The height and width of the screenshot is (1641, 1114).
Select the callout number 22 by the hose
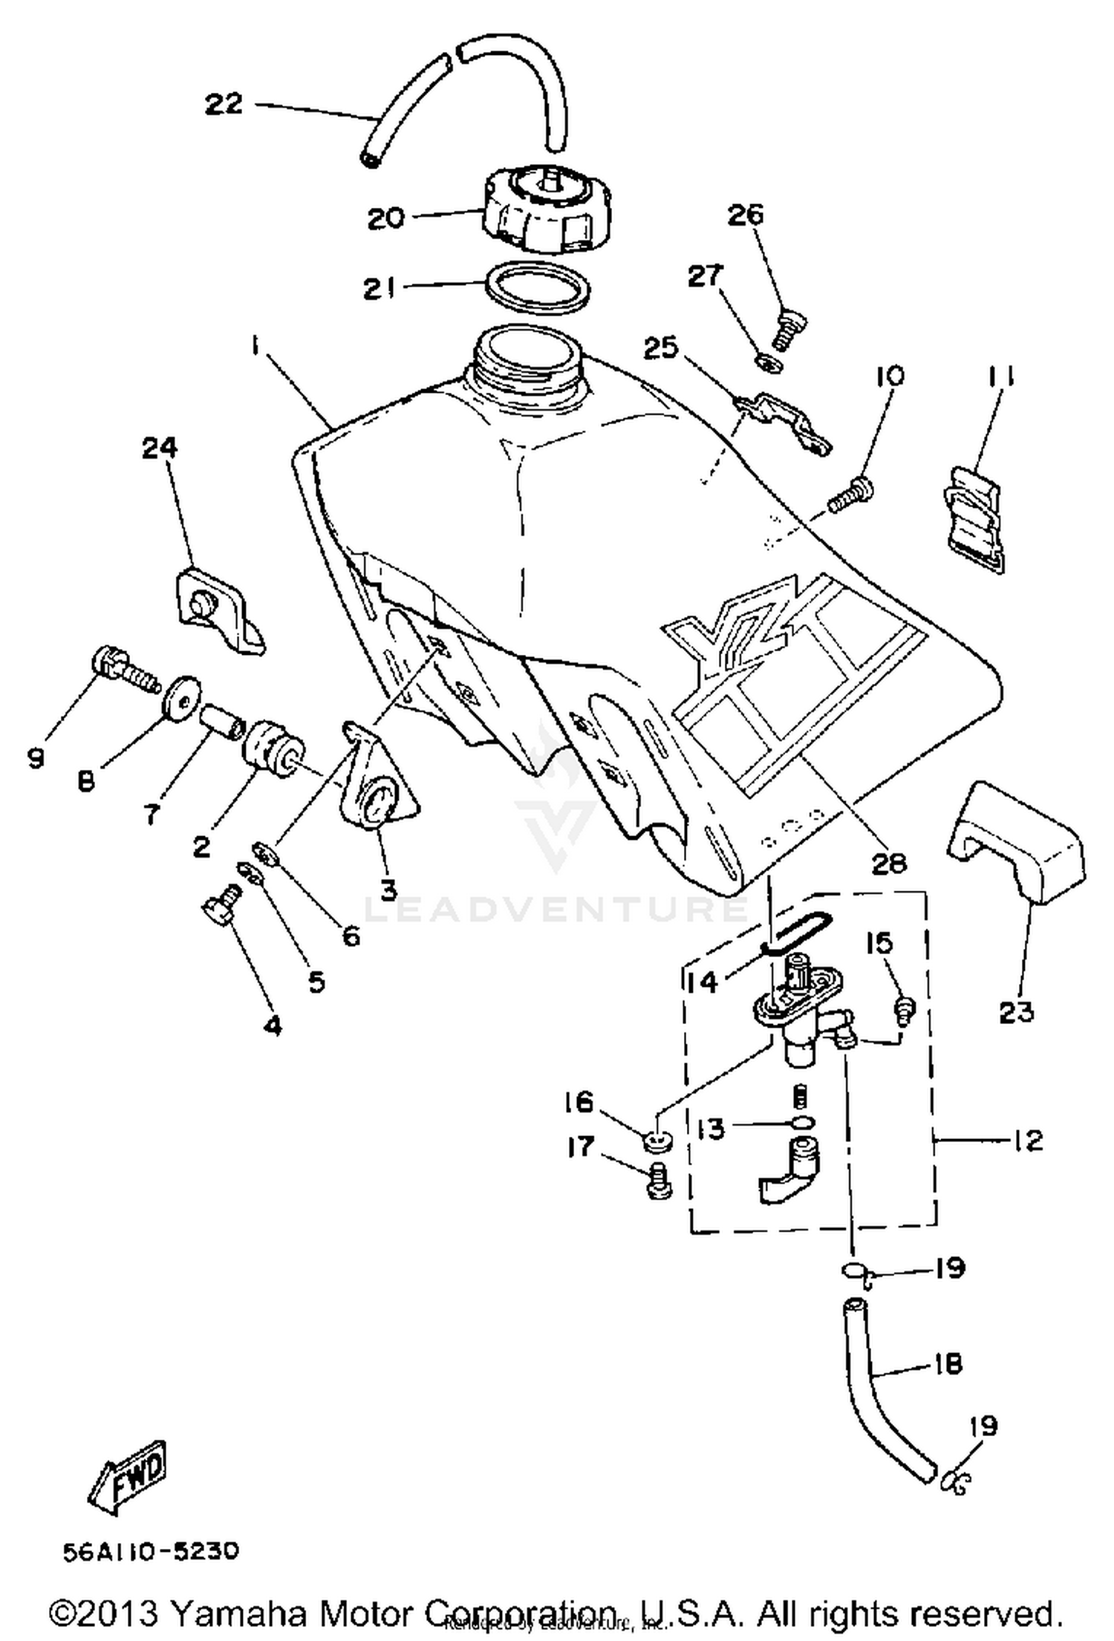(x=224, y=103)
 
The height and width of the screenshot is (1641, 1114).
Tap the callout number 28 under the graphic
(x=889, y=863)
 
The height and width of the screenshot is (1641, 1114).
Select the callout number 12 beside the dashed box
(x=1028, y=1139)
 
